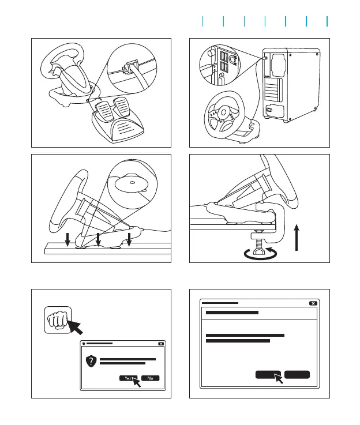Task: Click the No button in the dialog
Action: coord(150,378)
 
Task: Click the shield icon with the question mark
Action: coord(90,362)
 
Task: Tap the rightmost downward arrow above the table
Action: coord(130,238)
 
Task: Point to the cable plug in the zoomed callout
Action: coord(133,64)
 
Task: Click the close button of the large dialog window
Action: coord(313,303)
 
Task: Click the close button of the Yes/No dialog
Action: coord(161,344)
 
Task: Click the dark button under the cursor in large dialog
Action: coord(268,374)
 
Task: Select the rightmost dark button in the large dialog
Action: coord(297,374)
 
